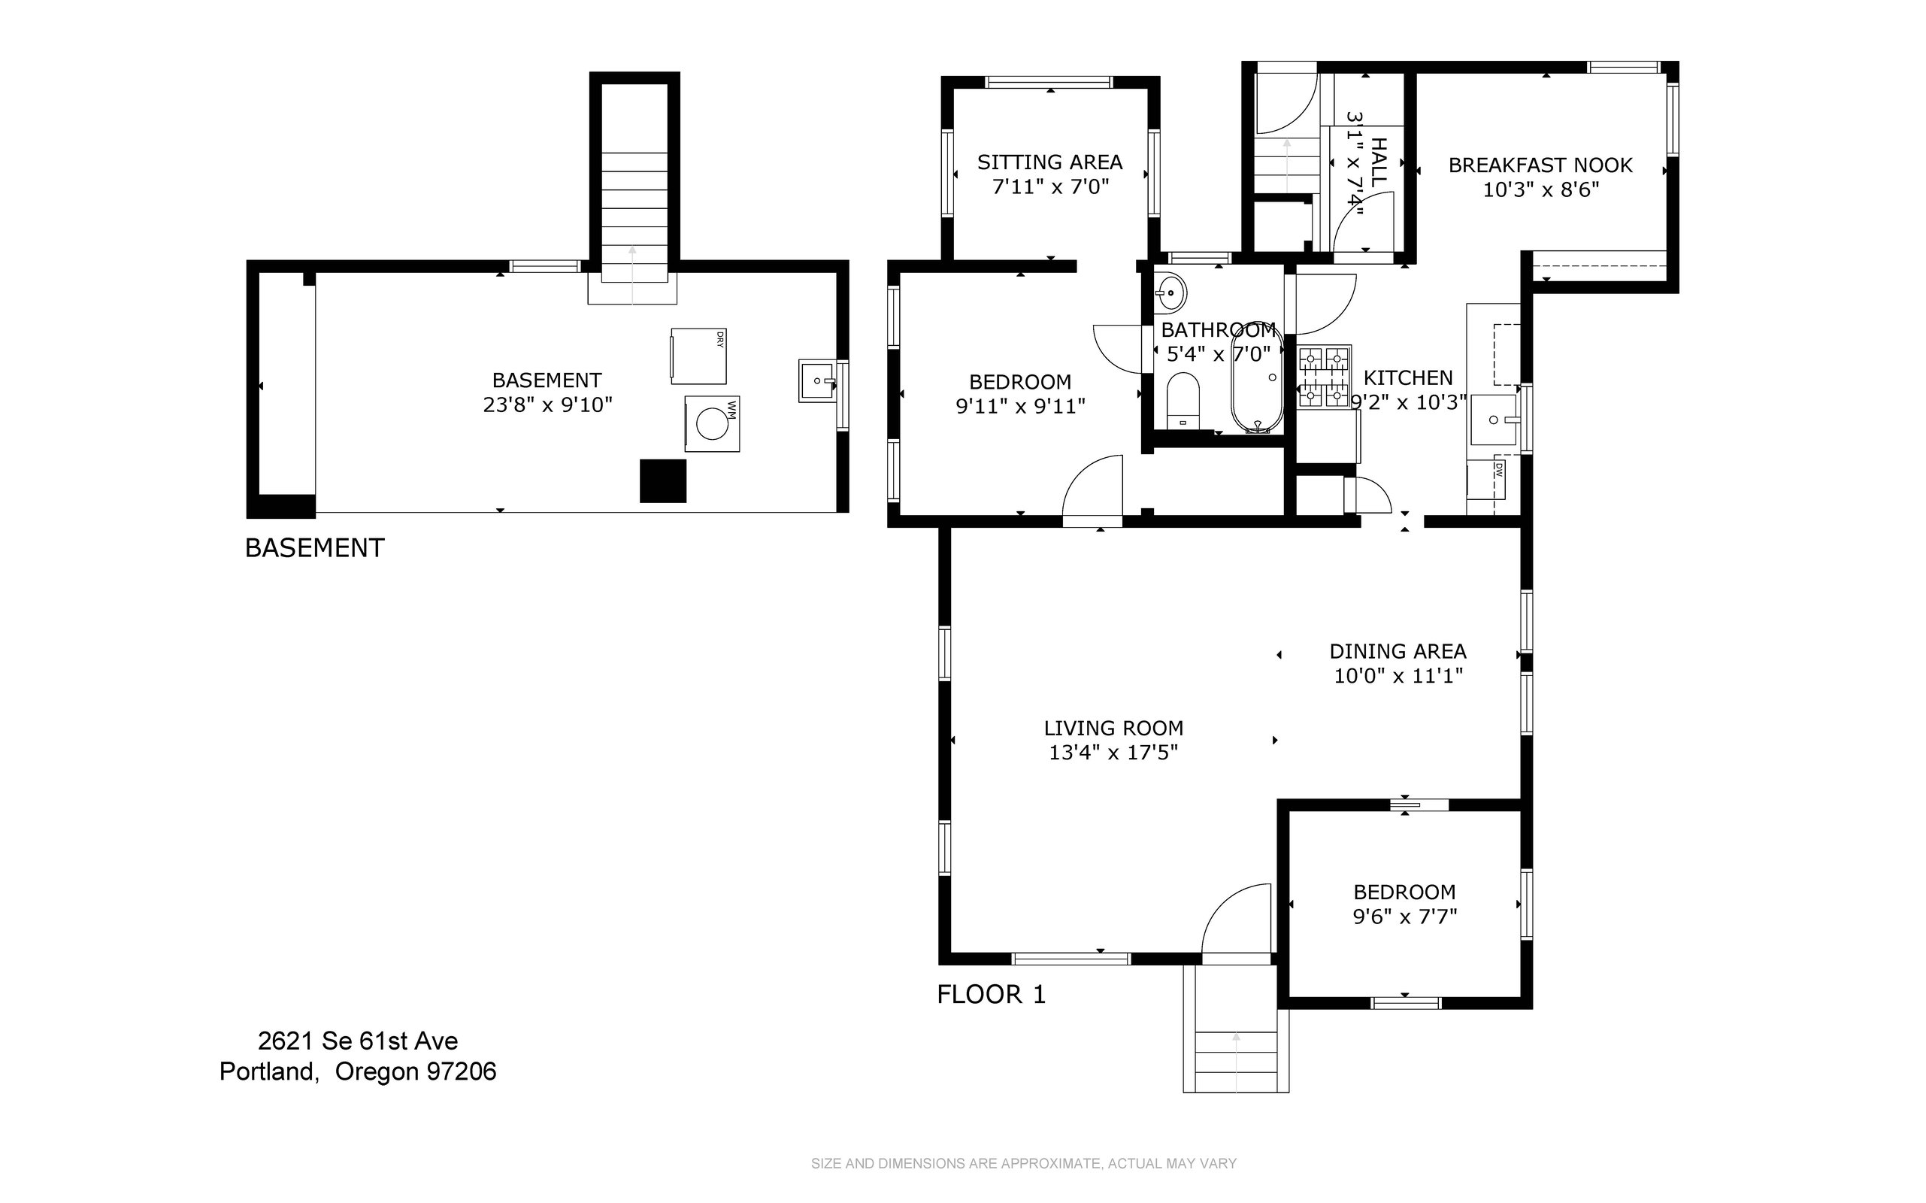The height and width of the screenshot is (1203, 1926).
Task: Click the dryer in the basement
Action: (x=698, y=356)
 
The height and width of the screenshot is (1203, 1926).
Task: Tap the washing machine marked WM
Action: (x=712, y=424)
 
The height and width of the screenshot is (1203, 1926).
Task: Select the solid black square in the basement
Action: (x=664, y=480)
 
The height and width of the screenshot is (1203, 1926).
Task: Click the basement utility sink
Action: (x=818, y=381)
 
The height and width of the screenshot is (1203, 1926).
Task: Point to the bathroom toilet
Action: (x=1183, y=401)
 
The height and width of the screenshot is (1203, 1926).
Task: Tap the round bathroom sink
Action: (x=1170, y=292)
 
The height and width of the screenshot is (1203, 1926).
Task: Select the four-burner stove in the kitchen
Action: (x=1325, y=377)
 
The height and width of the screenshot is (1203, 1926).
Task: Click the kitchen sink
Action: (x=1494, y=420)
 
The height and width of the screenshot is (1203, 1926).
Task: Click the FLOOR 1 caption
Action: (x=992, y=995)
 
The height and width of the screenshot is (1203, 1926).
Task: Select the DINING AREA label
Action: (x=1398, y=652)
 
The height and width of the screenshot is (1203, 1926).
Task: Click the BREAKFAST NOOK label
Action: (x=1540, y=165)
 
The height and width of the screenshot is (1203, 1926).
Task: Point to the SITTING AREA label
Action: (x=1049, y=162)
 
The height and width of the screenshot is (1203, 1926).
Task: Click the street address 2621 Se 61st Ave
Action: (x=358, y=1041)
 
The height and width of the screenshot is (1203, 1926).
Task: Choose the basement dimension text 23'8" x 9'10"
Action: (x=547, y=405)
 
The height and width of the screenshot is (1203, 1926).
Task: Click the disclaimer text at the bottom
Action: (x=1023, y=1163)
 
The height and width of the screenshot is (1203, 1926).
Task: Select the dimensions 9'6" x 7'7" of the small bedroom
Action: (x=1405, y=917)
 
